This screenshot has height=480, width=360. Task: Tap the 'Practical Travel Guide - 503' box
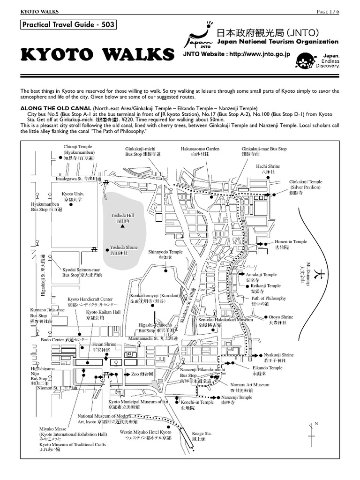click(x=68, y=25)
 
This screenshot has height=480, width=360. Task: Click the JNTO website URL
click(x=237, y=54)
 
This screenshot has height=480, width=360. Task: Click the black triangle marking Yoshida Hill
click(x=122, y=226)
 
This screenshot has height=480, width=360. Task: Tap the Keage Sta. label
click(x=202, y=436)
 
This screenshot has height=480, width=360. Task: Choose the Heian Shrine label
click(x=104, y=347)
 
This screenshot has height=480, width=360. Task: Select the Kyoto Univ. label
click(x=72, y=196)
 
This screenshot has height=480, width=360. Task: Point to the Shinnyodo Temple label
click(x=165, y=255)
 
